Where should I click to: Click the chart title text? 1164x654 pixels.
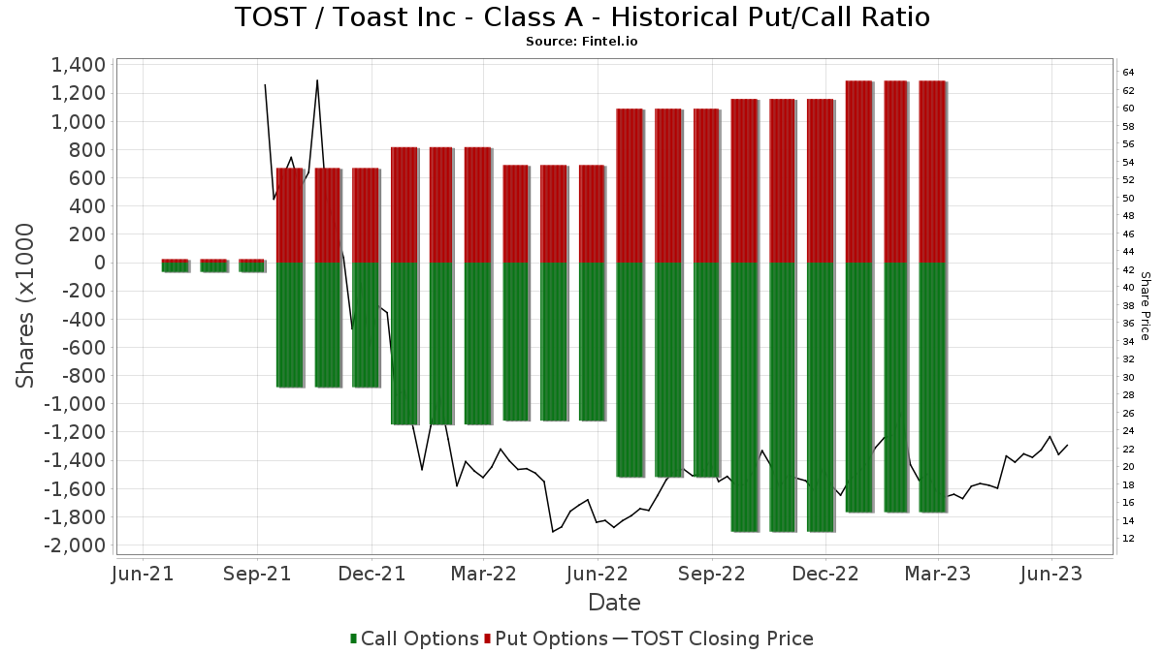(x=582, y=17)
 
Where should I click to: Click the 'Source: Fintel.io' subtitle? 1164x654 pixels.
(x=582, y=42)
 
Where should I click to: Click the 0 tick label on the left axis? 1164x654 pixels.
(x=98, y=263)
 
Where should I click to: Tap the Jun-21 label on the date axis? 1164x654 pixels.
(x=143, y=575)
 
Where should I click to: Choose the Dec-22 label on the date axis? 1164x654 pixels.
(x=824, y=575)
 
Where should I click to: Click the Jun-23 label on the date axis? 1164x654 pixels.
(x=1052, y=575)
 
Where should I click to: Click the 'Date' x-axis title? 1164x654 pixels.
(x=614, y=603)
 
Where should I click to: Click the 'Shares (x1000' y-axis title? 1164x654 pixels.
(x=26, y=305)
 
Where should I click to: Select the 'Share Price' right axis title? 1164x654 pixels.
(x=1145, y=305)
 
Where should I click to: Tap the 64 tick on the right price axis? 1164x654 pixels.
(x=1128, y=73)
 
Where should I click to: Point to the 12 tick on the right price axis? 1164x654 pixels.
(x=1128, y=539)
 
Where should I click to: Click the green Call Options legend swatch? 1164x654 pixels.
(x=354, y=639)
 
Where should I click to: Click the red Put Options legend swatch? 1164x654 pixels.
(x=489, y=639)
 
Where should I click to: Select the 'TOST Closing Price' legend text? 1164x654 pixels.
(x=722, y=639)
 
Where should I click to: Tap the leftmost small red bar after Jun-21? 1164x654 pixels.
(x=175, y=261)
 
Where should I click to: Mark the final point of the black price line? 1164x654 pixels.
(x=1067, y=446)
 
